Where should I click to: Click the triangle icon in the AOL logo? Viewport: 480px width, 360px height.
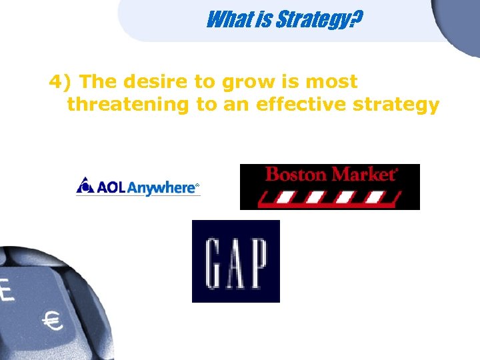(85, 185)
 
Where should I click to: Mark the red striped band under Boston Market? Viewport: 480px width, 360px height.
(329, 197)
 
